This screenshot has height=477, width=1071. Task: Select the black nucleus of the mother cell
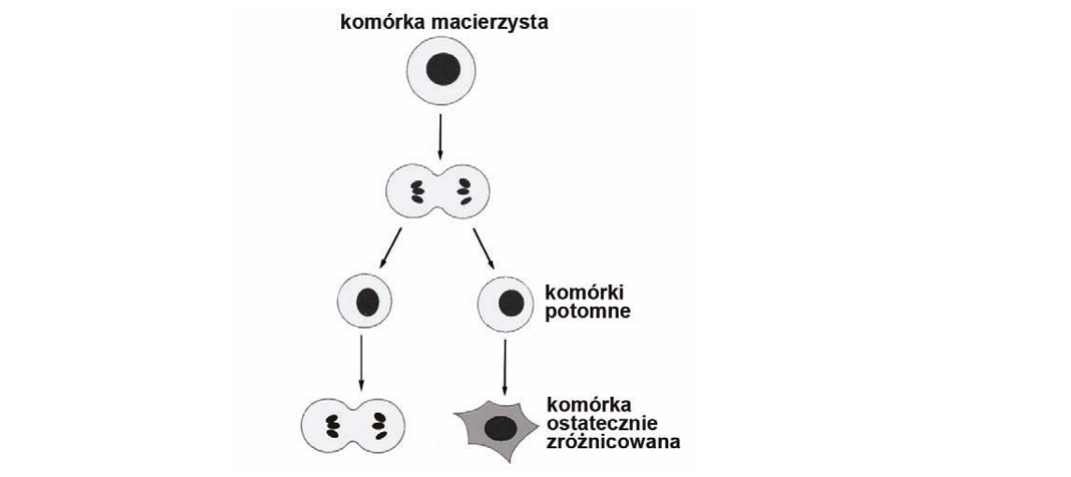pos(443,70)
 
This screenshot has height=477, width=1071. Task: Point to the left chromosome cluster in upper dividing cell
pos(416,191)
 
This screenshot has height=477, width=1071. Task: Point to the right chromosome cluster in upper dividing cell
pos(464,191)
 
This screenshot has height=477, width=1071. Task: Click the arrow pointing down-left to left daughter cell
pos(390,246)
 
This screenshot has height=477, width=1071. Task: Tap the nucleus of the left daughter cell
pos(366,302)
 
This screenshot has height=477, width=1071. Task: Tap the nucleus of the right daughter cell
pos(510,302)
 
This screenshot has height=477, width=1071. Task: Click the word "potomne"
pos(588,313)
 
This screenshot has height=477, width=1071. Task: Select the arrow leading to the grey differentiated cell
pos(505,367)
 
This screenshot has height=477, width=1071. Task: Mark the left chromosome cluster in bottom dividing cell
pos(334,425)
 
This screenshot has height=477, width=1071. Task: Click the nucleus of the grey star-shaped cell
pos(501,428)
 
